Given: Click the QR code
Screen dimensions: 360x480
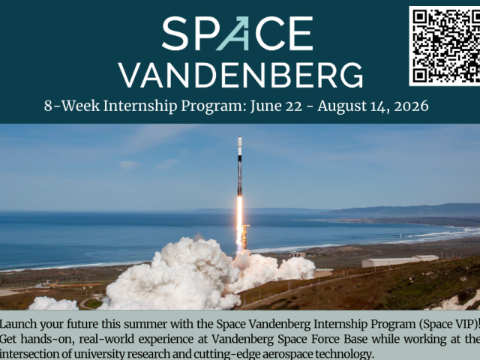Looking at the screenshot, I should (445, 46).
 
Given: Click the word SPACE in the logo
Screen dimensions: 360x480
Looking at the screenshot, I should (237, 34).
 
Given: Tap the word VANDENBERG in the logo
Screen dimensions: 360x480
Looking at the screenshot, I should (240, 74).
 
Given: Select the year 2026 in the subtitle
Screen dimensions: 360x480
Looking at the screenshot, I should (410, 106).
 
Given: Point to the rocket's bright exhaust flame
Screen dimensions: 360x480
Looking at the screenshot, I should (240, 221).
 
